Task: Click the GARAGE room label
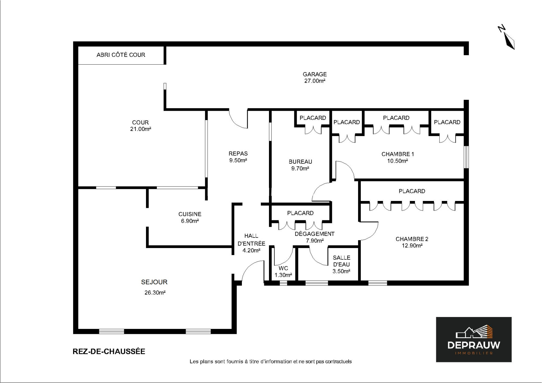pos(315,74)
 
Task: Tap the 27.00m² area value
pos(315,81)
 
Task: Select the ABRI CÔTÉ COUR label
pos(121,55)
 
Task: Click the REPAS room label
pos(238,154)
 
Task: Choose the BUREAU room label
pos(300,162)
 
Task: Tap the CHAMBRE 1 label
pos(398,154)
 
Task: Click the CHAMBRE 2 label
pos(412,239)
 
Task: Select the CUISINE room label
pos(190,214)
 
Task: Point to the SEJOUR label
pos(154,282)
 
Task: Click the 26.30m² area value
pos(155,293)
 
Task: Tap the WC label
pos(283,268)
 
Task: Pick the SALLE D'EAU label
pos(341,261)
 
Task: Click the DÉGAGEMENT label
pos(315,234)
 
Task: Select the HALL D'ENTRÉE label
pos(251,240)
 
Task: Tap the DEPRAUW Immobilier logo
pos(474,339)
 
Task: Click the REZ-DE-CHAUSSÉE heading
pos(109,351)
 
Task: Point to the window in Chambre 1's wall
pos(466,157)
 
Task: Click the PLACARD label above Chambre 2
pos(412,191)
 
